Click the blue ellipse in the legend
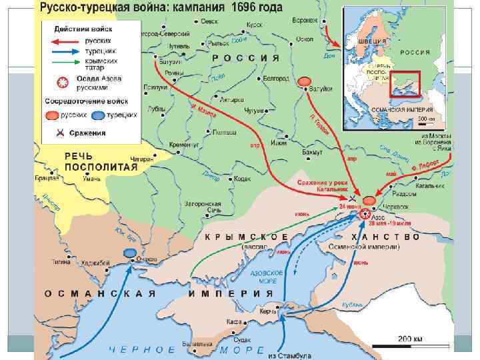pos(99,115)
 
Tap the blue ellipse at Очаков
pos(129,253)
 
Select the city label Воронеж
pos(304,20)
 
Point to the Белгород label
pos(275,78)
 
